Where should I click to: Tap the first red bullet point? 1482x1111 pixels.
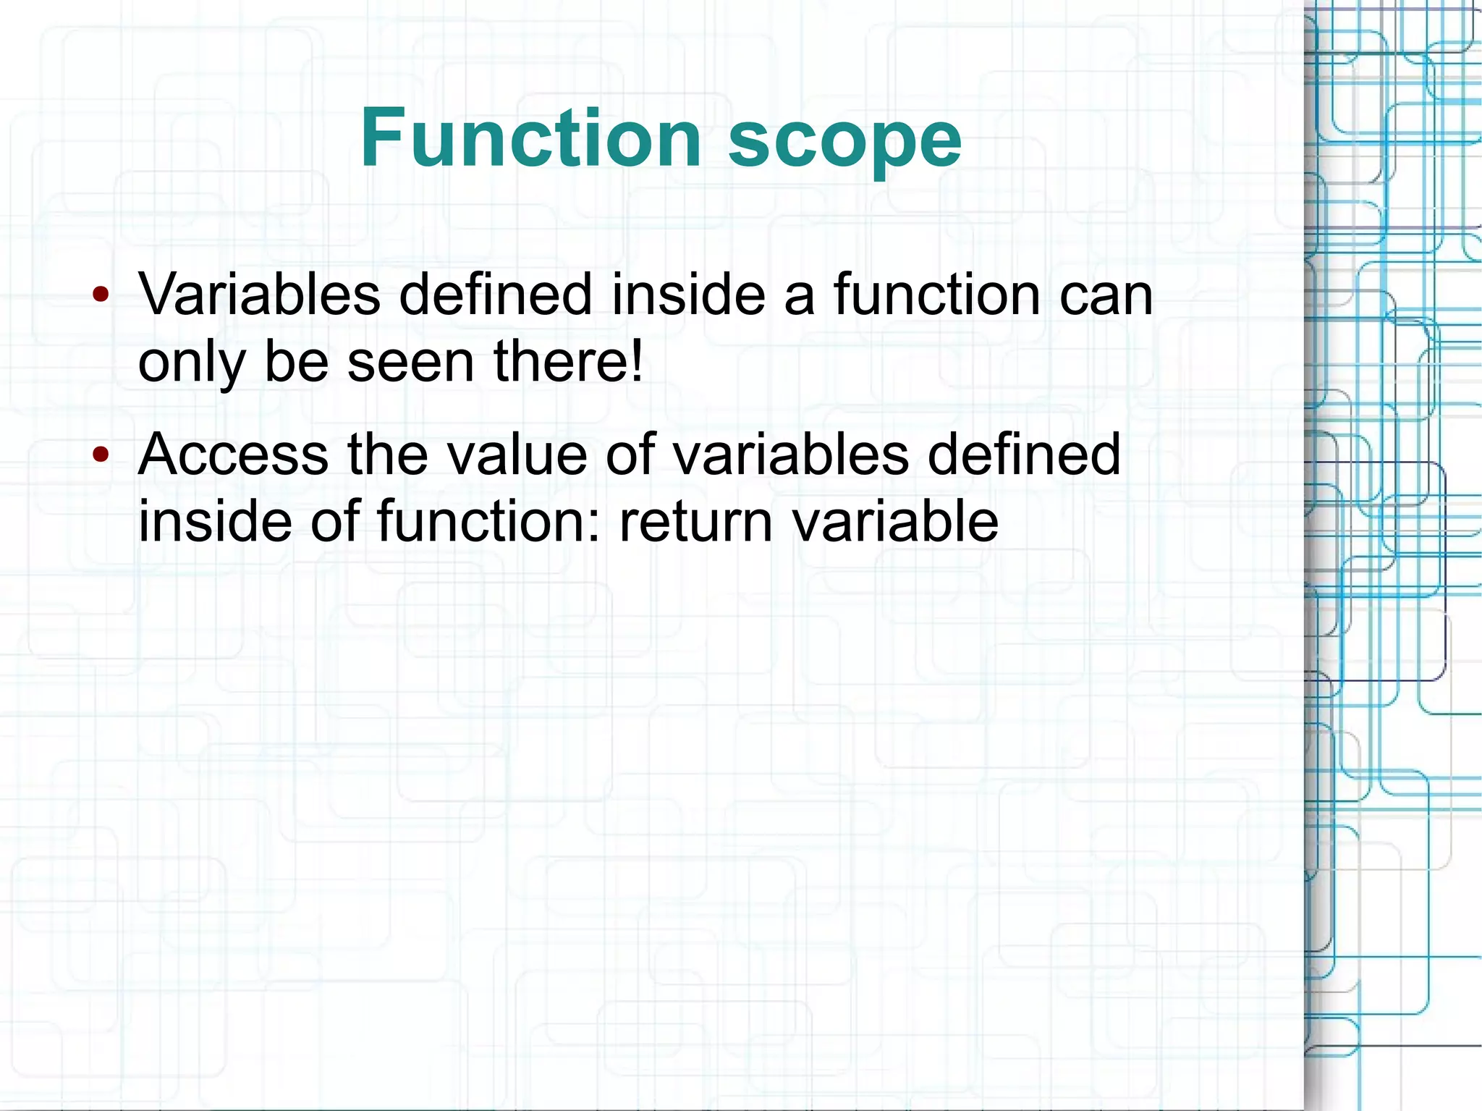tap(101, 295)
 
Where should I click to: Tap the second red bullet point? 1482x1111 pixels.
tap(101, 455)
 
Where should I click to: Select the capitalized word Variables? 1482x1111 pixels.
tap(259, 295)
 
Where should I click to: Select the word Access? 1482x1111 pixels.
tap(234, 455)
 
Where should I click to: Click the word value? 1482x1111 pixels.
tap(516, 455)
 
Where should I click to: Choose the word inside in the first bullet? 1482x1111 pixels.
tap(688, 295)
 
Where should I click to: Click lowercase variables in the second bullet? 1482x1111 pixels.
tap(790, 455)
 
